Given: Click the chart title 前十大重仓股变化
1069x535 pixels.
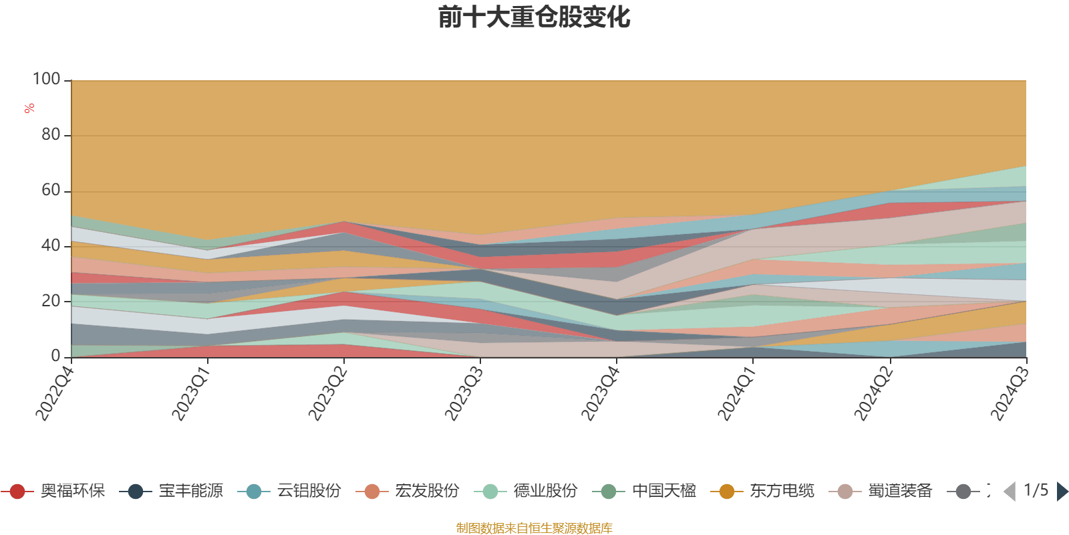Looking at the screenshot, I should point(534,18).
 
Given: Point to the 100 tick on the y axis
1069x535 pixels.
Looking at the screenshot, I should point(47,80).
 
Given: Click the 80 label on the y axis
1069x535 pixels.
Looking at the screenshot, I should point(51,135).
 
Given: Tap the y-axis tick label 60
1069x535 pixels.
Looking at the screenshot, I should point(51,191).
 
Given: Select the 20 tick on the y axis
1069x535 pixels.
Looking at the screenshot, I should point(51,301).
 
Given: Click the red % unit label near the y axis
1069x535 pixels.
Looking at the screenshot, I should point(29,108).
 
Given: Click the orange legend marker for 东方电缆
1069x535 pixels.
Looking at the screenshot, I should point(726,492).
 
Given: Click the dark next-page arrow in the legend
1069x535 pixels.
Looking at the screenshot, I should point(1062,492).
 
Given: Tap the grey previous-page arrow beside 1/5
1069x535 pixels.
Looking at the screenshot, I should point(1010,492).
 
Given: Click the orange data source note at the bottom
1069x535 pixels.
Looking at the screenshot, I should point(534,528).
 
